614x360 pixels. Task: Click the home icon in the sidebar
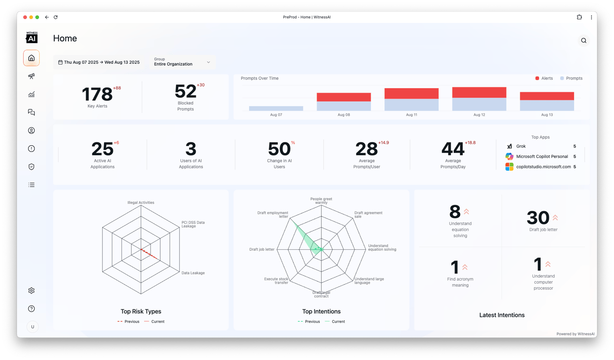tap(31, 58)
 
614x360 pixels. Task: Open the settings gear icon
tap(31, 291)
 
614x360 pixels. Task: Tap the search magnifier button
tap(584, 41)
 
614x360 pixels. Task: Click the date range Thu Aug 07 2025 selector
tap(99, 62)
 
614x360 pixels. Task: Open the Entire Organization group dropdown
tap(182, 62)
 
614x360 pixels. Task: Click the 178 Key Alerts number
tap(98, 94)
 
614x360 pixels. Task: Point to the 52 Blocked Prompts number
tap(185, 91)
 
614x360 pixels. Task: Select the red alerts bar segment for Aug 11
tap(411, 93)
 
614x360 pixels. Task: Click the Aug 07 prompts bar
tap(276, 108)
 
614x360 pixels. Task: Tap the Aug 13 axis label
tap(547, 115)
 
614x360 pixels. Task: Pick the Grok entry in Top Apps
tap(521, 146)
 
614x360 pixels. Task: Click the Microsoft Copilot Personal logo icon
tap(509, 157)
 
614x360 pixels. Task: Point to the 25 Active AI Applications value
tap(102, 149)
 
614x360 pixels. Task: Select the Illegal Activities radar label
tap(141, 203)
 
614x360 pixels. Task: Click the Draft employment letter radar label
tap(273, 215)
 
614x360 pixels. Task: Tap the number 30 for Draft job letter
tap(538, 218)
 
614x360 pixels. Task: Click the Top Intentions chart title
tap(321, 311)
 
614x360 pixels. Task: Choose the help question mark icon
tap(31, 309)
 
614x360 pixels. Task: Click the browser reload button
tap(55, 17)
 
